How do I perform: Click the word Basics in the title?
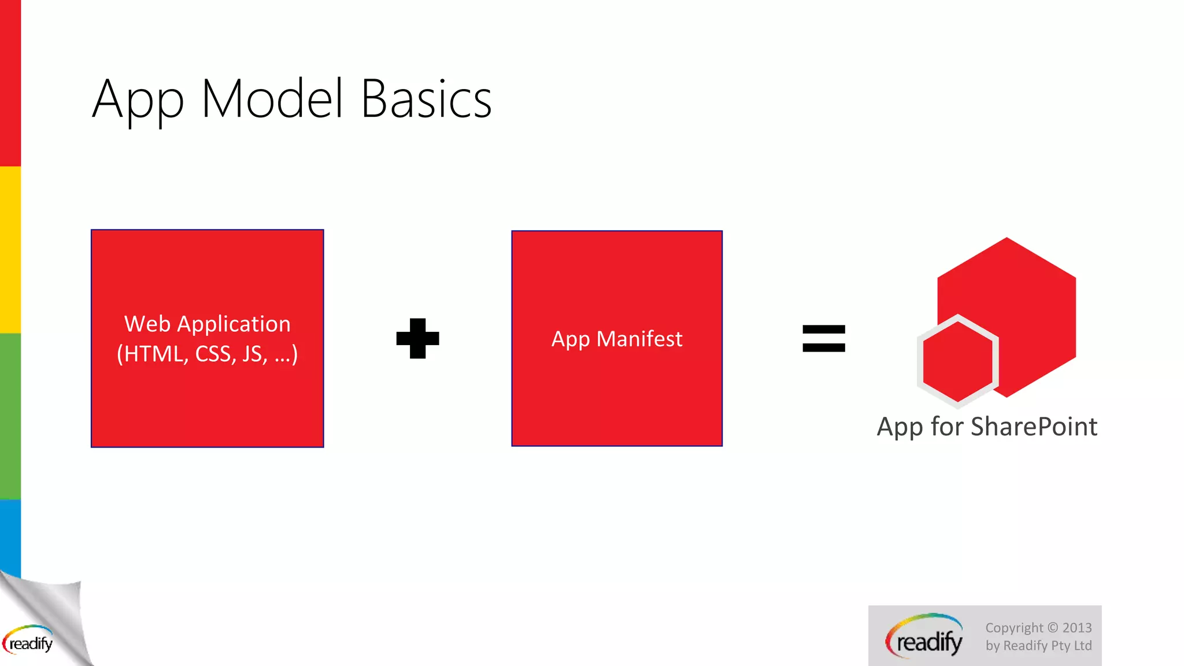click(x=426, y=99)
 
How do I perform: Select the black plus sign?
click(x=417, y=338)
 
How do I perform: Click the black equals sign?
click(x=824, y=339)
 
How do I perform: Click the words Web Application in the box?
click(x=207, y=324)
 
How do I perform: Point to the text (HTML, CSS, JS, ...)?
click(x=207, y=354)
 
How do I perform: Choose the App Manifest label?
click(x=617, y=339)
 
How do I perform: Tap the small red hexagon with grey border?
click(x=957, y=361)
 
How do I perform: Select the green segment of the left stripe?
click(x=10, y=416)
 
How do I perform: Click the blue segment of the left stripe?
click(x=10, y=535)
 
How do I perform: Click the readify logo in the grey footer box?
click(x=925, y=637)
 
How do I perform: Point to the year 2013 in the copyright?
click(x=1076, y=628)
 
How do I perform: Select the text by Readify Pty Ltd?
click(x=1038, y=646)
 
